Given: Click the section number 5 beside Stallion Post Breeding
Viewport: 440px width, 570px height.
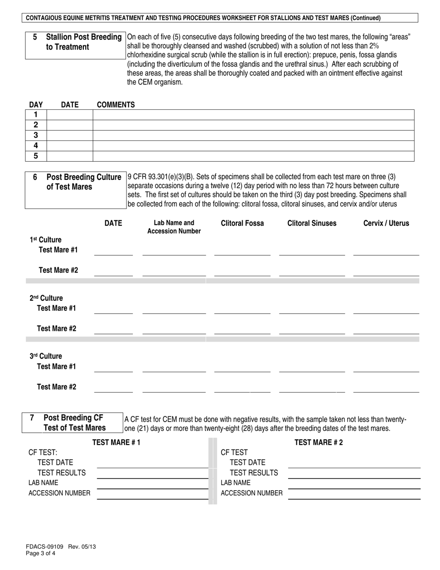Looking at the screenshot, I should [35, 37].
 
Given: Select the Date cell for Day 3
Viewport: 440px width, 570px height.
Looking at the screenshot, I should [70, 135].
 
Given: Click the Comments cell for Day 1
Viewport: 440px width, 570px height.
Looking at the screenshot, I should [253, 115].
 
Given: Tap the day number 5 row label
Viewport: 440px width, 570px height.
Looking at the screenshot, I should [36, 156].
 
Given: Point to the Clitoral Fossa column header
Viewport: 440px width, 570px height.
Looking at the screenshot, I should [242, 223].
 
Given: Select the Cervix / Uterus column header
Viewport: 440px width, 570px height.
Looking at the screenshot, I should [386, 223].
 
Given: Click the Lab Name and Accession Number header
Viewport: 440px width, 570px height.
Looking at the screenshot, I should [174, 227].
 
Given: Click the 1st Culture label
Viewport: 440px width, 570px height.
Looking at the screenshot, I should [45, 240].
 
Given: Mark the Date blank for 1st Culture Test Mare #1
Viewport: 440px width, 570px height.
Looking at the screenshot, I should [113, 251].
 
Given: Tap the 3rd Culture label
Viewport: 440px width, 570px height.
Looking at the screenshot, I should [45, 356].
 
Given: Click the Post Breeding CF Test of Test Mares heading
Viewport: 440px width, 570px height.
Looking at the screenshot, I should [74, 423].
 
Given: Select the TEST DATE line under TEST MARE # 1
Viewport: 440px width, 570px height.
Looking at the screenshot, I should [152, 463].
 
